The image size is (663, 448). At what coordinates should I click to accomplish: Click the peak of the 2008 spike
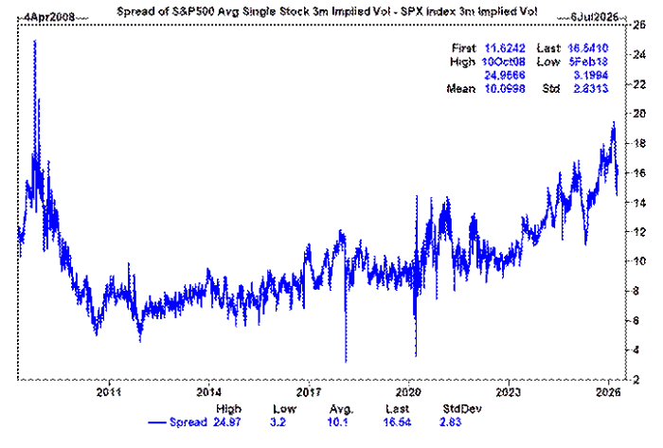35,41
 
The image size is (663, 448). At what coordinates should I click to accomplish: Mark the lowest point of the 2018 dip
346,362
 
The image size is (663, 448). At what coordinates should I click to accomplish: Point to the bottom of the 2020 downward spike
416,356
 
